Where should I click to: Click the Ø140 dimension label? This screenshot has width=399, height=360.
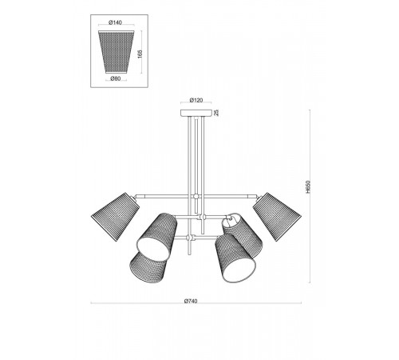[116, 22]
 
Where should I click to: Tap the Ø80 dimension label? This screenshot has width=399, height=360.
[116, 78]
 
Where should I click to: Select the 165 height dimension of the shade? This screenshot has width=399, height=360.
[140, 54]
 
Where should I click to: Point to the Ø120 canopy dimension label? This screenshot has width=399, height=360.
[196, 100]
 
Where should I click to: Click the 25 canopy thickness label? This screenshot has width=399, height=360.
[216, 113]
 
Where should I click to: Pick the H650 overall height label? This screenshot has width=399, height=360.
[308, 186]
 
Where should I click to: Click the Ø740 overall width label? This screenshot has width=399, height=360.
[191, 301]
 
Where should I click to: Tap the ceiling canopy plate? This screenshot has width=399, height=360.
[196, 113]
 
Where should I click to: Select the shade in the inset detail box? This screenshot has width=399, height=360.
[117, 52]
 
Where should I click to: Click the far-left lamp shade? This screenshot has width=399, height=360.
[116, 217]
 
